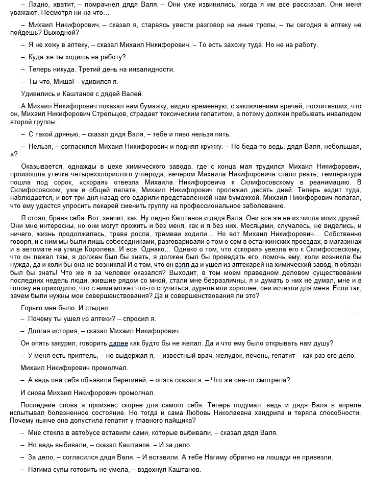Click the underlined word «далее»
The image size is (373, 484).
[x=118, y=343]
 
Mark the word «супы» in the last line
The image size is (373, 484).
[x=62, y=469]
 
